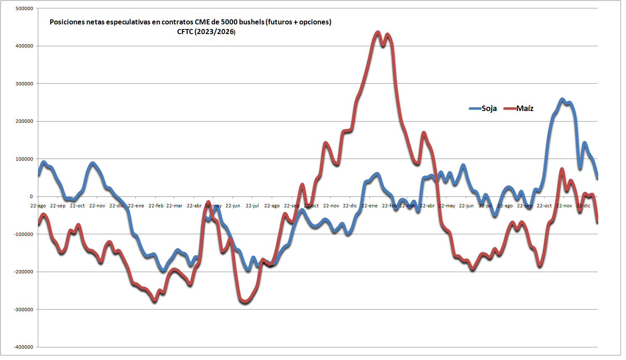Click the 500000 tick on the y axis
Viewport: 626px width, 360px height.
[24, 8]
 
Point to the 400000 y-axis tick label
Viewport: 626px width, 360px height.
[24, 46]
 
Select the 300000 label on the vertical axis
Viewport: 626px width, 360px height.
[24, 84]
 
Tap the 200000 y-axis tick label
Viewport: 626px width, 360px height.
[24, 122]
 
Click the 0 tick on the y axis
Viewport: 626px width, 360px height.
[31, 196]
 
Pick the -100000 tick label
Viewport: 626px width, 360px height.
[24, 234]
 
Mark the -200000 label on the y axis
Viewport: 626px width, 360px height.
[24, 272]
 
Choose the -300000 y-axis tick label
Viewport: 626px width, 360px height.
[24, 310]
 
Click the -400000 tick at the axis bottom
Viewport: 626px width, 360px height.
[24, 347]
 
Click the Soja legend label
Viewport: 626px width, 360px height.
[489, 109]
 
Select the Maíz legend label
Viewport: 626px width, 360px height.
[525, 109]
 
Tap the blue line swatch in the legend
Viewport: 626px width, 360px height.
[475, 109]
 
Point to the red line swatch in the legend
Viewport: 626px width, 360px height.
[509, 109]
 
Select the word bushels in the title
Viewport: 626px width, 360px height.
[251, 22]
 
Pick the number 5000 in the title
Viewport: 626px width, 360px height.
[229, 22]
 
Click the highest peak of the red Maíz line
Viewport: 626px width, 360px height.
[377, 32]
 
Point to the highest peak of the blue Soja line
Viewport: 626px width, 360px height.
[562, 100]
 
